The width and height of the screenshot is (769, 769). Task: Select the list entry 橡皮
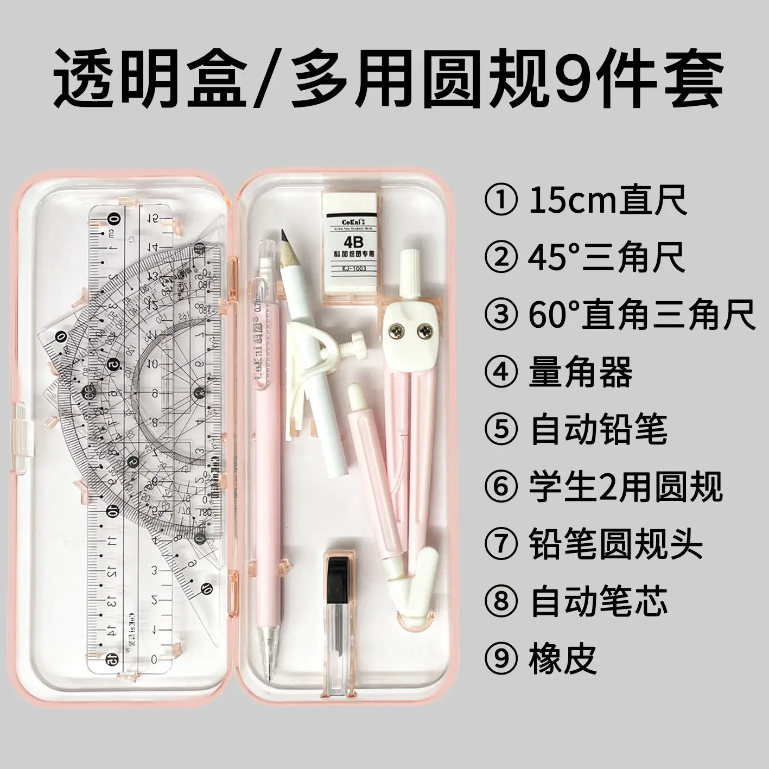563,659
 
